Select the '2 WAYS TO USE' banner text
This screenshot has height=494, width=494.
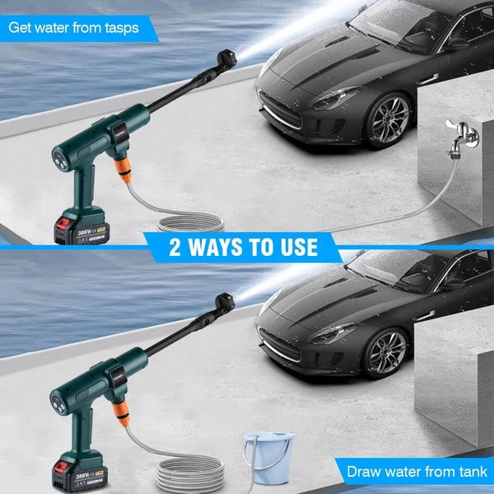coord(243,247)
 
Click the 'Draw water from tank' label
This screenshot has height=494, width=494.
coord(416,472)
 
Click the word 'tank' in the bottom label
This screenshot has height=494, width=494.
coord(470,472)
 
